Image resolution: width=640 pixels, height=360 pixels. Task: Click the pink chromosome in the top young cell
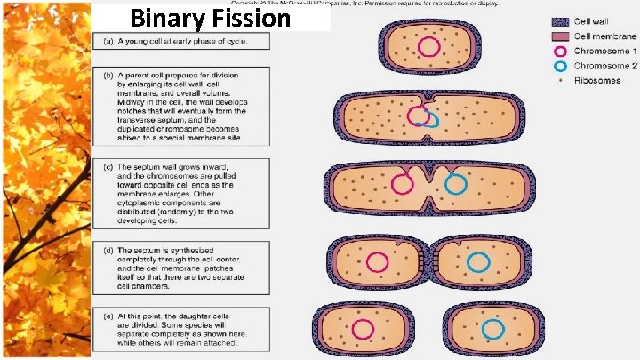click(428, 47)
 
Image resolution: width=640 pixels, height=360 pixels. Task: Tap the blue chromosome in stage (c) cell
click(456, 184)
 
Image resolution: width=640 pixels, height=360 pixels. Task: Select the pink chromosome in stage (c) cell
click(401, 184)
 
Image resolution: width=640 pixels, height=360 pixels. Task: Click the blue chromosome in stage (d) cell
click(478, 261)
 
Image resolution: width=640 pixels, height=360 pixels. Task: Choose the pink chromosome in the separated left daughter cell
click(362, 328)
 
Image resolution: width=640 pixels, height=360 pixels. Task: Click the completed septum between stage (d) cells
click(428, 261)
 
